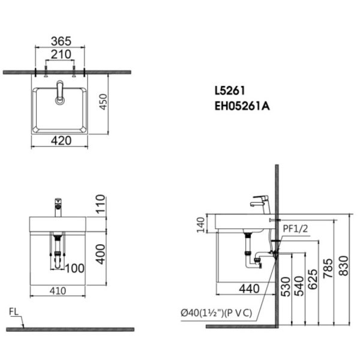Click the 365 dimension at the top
pos(61,41)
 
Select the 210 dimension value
pos(61,55)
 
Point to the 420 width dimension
pos(61,141)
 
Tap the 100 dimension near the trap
pos(74,268)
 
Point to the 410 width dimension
pos(58,290)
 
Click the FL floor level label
pos(14,312)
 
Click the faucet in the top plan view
pos(59,93)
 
